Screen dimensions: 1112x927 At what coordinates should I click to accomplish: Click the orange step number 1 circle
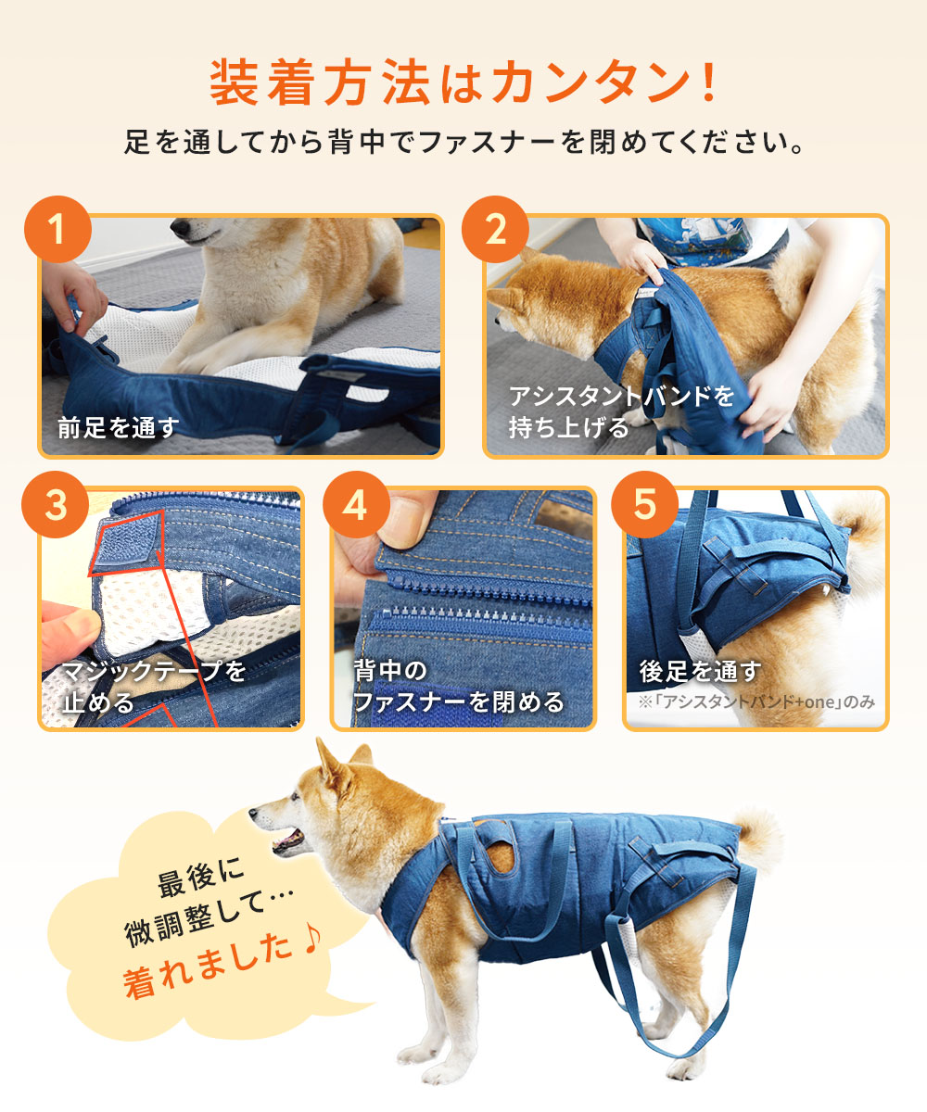coord(57,229)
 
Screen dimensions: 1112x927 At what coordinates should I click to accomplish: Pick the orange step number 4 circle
coord(354,505)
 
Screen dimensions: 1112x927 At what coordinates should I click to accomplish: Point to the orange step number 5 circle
coord(645,505)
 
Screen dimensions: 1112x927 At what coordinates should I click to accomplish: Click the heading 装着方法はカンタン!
coord(463,83)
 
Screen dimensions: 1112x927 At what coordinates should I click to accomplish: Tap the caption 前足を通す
coord(118,427)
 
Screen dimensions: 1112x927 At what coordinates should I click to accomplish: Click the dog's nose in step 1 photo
coord(177,227)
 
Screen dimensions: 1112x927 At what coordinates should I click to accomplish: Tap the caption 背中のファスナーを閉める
coord(458,686)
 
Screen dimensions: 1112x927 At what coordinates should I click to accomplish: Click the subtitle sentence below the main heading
coord(463,144)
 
